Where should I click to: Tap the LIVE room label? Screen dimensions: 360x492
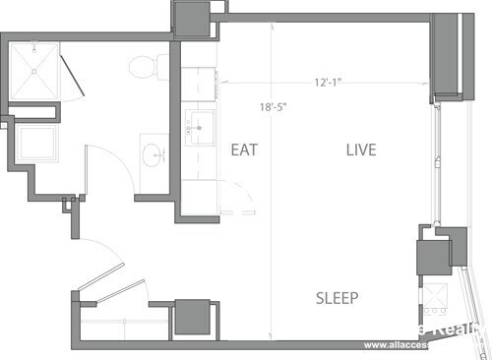point(361,150)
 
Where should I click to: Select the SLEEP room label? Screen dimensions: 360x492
point(338,298)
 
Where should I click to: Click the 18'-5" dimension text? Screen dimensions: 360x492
point(272,107)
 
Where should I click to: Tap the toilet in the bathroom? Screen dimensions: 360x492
point(146,66)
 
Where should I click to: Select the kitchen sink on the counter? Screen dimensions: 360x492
point(201,125)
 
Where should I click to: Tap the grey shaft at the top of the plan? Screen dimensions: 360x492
point(191,17)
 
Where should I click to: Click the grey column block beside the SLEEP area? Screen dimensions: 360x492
point(434,259)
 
